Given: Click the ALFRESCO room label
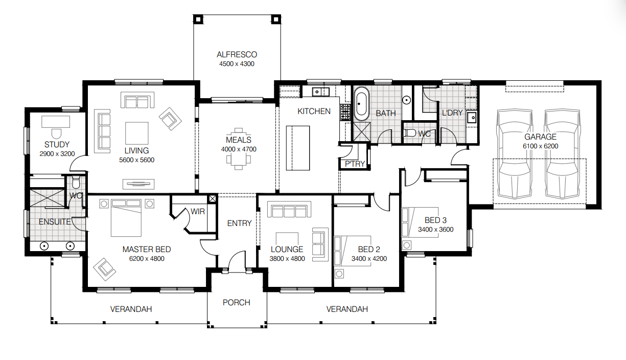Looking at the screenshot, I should coord(236,54).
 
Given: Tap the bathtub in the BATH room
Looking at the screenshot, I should coord(362,104).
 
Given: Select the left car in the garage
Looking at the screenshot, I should coord(517,153).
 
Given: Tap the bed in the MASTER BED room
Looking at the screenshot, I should coord(126,218).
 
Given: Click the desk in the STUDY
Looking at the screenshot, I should coord(55,122).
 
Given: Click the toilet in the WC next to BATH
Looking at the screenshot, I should coord(410,133).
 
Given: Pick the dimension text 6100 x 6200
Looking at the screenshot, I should coord(540,146).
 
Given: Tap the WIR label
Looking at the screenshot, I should coord(198,211).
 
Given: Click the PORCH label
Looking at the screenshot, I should coord(236,302).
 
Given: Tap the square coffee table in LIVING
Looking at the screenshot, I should coord(136,133).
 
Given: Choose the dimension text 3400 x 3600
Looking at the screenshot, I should coord(435,230).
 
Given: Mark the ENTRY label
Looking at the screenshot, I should coord(239,223).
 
